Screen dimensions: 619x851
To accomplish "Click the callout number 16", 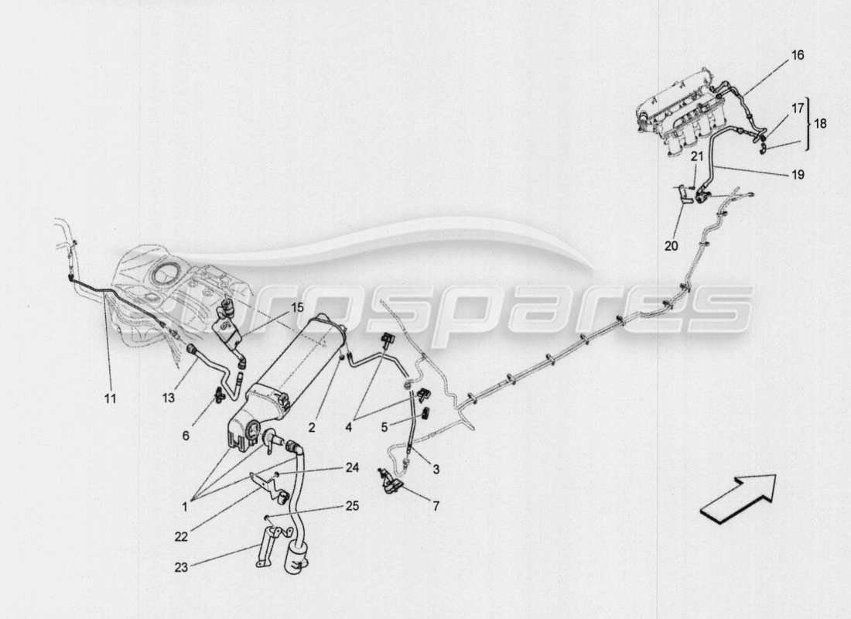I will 797,56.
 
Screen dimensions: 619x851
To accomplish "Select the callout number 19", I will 798,175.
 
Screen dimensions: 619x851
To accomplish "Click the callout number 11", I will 110,398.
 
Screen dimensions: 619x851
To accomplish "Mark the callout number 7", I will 436,507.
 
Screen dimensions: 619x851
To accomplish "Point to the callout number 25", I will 351,506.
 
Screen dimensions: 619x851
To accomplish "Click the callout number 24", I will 351,467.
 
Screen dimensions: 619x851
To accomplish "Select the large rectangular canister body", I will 294,364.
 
